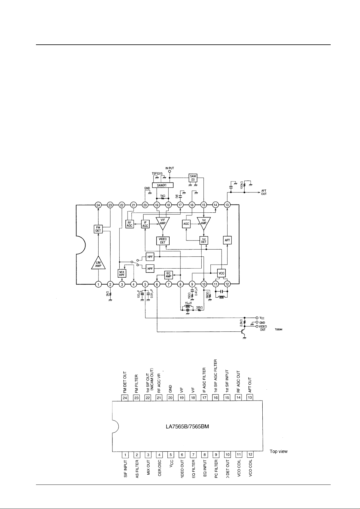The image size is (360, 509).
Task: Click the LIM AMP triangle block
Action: tap(98, 264)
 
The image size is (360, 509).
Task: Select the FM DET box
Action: tap(98, 229)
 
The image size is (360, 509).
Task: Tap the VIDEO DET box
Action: tap(163, 241)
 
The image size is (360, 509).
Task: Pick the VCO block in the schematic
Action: tap(222, 273)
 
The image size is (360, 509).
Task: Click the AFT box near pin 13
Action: tap(227, 240)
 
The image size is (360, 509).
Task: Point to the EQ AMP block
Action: tap(168, 275)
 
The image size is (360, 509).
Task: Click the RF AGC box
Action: tap(130, 224)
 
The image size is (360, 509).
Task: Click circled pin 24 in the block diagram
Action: tap(98, 205)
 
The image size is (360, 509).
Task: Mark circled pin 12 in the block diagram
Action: tap(227, 284)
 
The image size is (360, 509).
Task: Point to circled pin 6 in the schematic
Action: tap(157, 284)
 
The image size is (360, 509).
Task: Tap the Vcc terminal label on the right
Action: tap(262, 318)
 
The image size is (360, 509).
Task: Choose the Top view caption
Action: tap(278, 451)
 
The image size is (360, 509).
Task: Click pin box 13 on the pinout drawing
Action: tap(250, 398)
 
